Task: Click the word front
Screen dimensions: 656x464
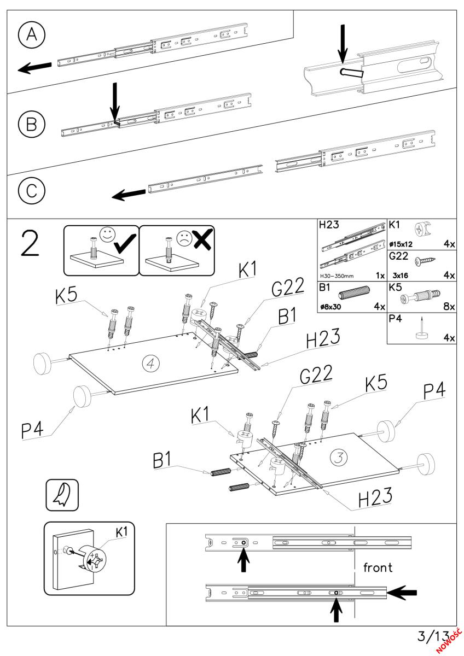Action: [x=378, y=567]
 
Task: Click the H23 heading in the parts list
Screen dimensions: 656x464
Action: [x=327, y=225]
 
